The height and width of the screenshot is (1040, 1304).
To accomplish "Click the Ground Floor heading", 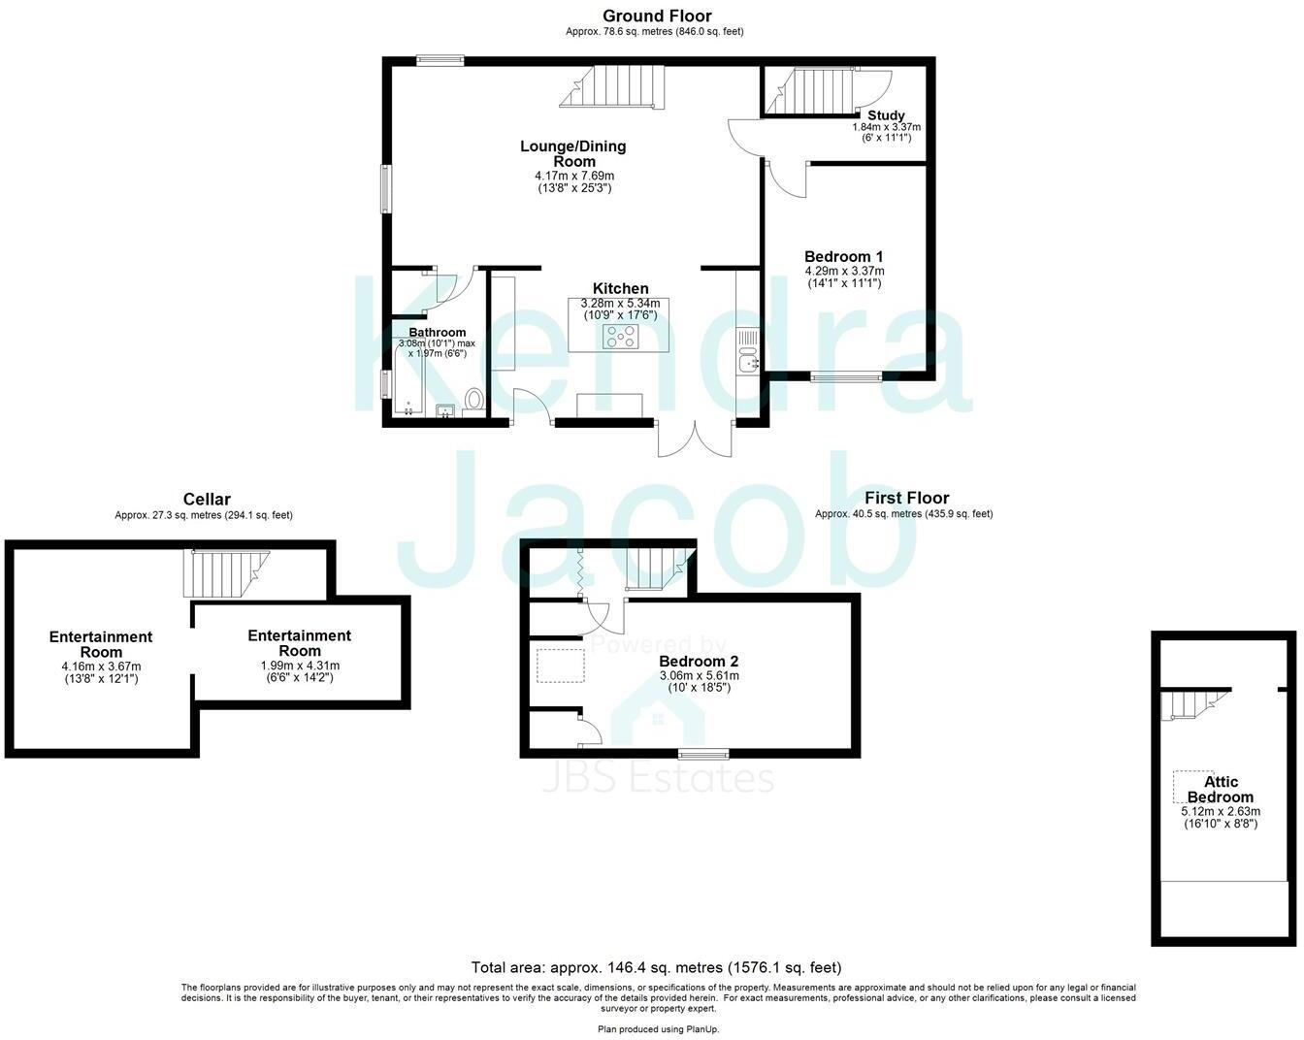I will pyautogui.click(x=657, y=16).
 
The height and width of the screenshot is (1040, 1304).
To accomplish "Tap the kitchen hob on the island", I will pyautogui.click(x=622, y=337).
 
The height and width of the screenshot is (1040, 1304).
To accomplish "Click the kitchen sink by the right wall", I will pyautogui.click(x=748, y=364).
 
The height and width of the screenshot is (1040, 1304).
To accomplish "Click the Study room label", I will pyautogui.click(x=886, y=115).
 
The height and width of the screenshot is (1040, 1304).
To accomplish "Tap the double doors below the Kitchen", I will pyautogui.click(x=695, y=439).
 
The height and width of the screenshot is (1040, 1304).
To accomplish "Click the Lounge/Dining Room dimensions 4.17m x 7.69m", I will pyautogui.click(x=574, y=176).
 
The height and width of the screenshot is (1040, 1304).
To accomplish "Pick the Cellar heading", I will pyautogui.click(x=207, y=500).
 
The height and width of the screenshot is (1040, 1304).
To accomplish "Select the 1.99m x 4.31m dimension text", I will pyautogui.click(x=300, y=666).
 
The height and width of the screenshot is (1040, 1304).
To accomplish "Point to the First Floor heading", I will pyautogui.click(x=907, y=498).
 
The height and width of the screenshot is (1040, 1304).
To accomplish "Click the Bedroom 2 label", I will pyautogui.click(x=699, y=662).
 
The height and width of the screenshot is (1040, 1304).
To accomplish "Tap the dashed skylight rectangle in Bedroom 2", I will pyautogui.click(x=561, y=665).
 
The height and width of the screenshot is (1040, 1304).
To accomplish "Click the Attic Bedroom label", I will pyautogui.click(x=1221, y=789).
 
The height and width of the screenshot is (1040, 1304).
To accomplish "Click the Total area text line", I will pyautogui.click(x=656, y=967).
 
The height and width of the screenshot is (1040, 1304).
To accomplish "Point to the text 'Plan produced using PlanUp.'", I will pyautogui.click(x=658, y=1029).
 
